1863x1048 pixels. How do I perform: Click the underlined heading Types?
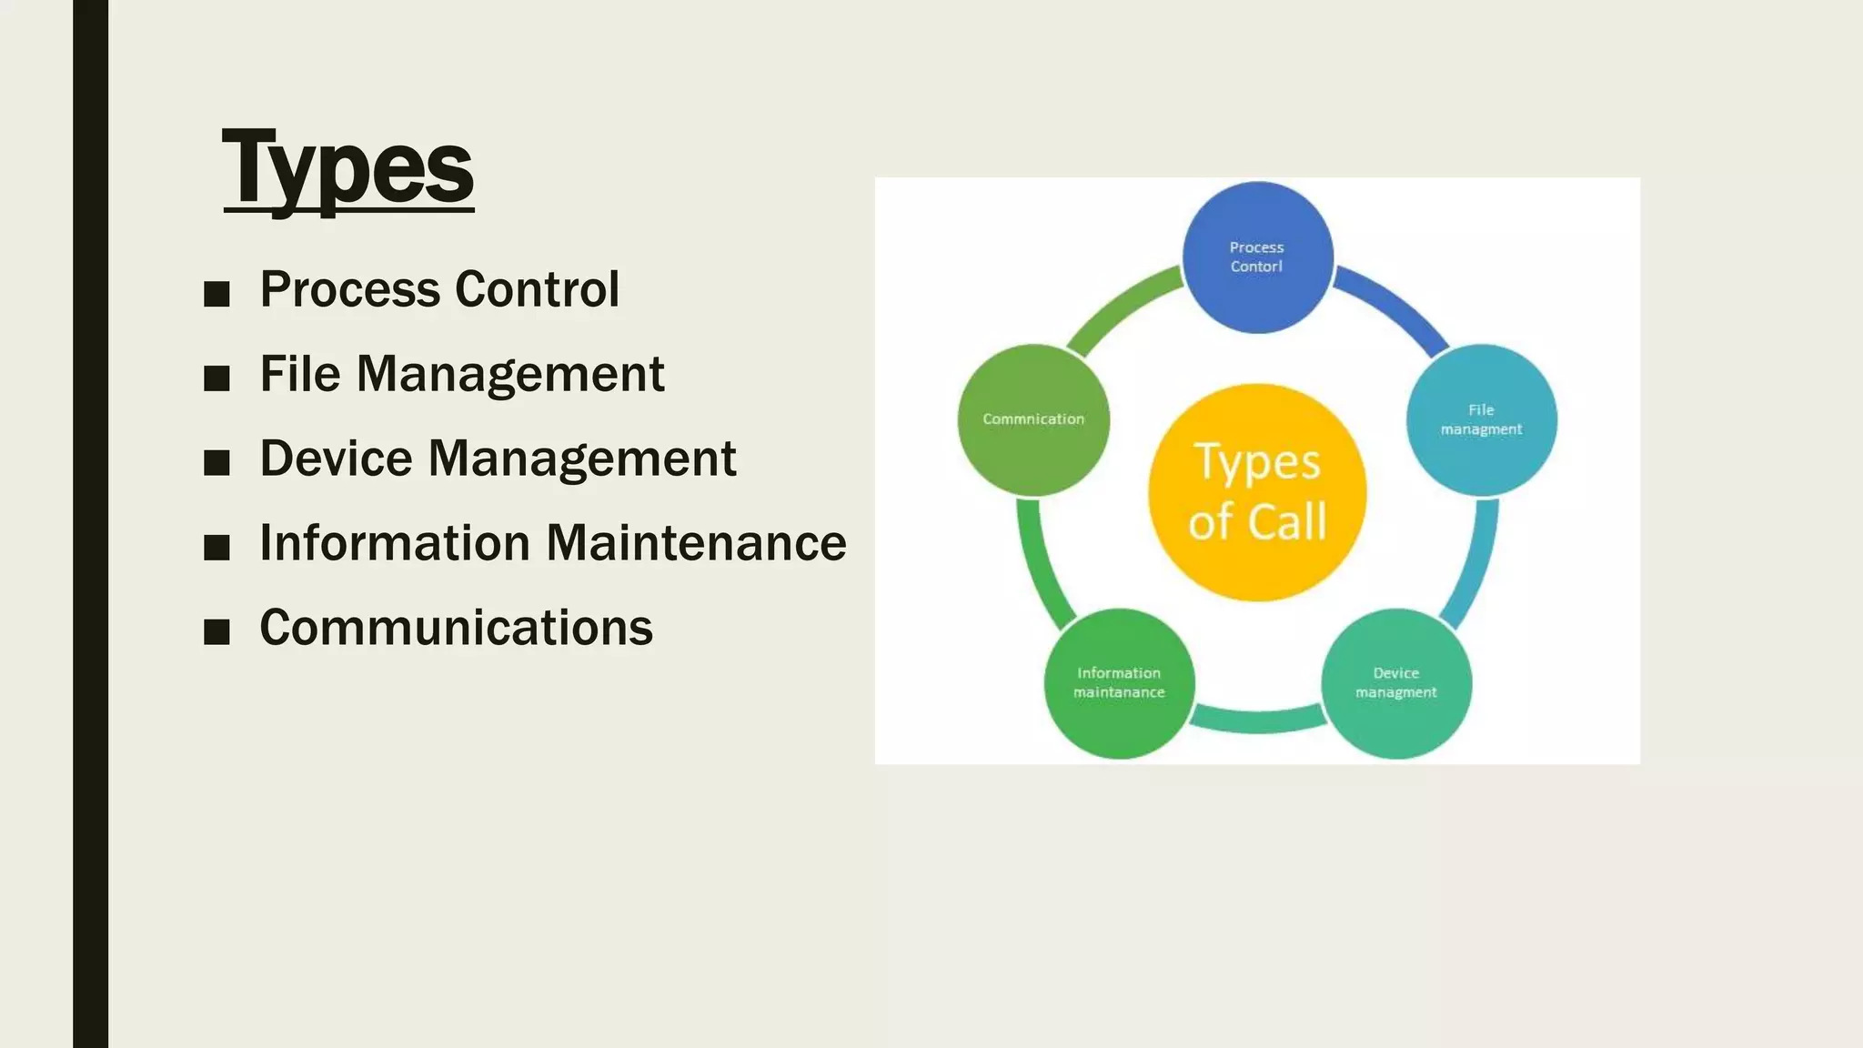(x=348, y=168)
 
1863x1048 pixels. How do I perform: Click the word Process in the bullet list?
(x=350, y=290)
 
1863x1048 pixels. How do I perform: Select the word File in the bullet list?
(x=300, y=374)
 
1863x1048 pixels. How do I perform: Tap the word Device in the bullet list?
(x=336, y=458)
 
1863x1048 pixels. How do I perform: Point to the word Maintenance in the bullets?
(x=696, y=543)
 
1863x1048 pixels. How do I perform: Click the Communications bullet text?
(x=456, y=628)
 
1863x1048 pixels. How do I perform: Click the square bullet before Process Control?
(x=217, y=294)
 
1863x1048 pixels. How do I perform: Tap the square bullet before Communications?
(x=217, y=631)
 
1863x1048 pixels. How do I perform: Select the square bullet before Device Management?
(x=217, y=462)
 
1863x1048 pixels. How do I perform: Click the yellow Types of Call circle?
(x=1257, y=492)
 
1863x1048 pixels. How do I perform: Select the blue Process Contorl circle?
(x=1257, y=257)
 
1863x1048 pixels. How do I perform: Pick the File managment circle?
(x=1481, y=420)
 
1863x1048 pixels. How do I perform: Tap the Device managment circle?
(x=1395, y=683)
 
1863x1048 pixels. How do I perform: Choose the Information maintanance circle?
(x=1119, y=683)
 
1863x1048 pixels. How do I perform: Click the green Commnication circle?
(x=1033, y=419)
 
